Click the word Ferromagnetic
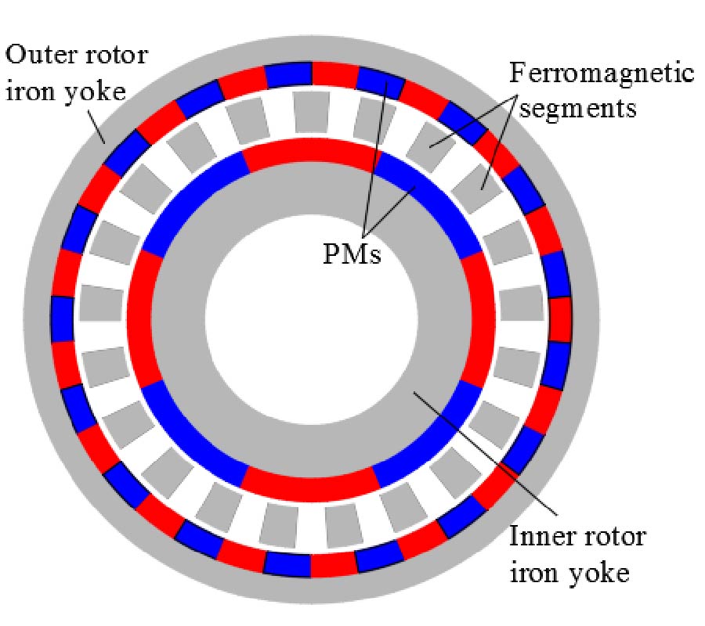tap(602, 74)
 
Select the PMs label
tap(352, 254)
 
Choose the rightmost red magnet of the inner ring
tap(479, 317)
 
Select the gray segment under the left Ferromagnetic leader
tap(426, 139)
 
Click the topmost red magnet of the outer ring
tap(334, 74)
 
